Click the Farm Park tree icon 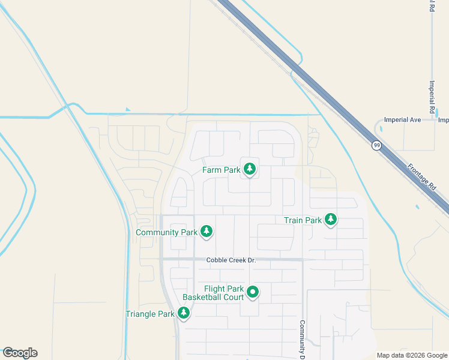tap(250, 169)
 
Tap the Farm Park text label tap(221, 170)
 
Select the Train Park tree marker tap(330, 220)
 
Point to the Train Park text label tap(303, 221)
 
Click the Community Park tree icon tap(206, 231)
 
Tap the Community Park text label tap(166, 232)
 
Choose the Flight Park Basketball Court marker tap(253, 292)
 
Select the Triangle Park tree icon tap(184, 313)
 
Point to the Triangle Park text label tap(149, 314)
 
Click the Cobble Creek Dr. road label tap(231, 260)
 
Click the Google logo tap(20, 353)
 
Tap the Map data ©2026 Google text tap(412, 355)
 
